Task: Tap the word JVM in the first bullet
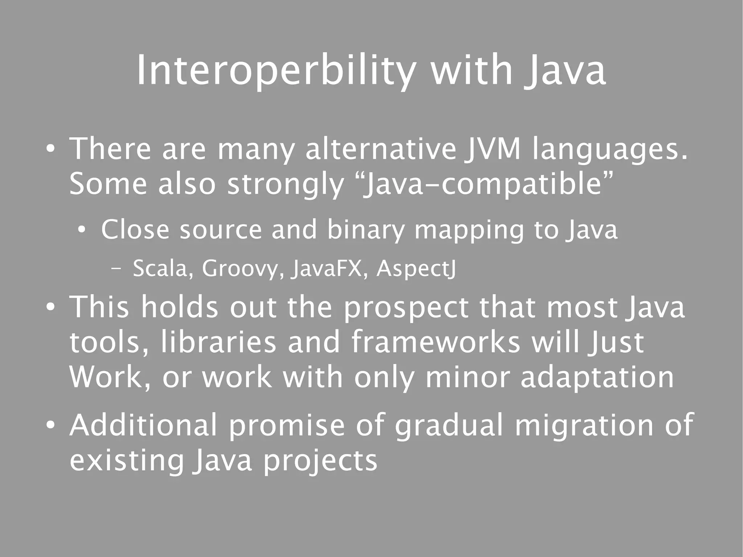496,149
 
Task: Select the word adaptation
597,377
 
